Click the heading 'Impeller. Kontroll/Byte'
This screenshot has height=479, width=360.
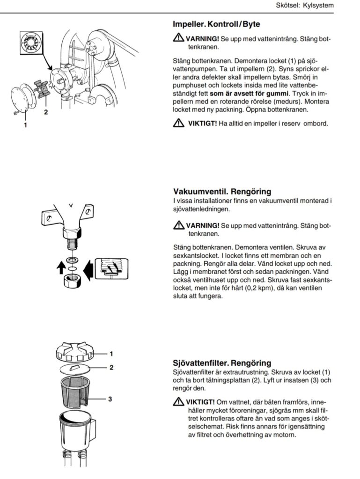pyautogui.click(x=216, y=24)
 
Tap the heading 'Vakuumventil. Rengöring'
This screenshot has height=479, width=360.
pyautogui.click(x=222, y=192)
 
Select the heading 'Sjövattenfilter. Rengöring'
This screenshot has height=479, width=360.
pyautogui.click(x=222, y=363)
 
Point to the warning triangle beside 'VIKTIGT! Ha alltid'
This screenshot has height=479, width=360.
pyautogui.click(x=178, y=123)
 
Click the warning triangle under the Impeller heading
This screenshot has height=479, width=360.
pyautogui.click(x=178, y=38)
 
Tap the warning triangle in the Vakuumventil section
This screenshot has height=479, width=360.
pyautogui.click(x=178, y=225)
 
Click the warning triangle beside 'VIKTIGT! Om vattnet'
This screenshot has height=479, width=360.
pyautogui.click(x=178, y=402)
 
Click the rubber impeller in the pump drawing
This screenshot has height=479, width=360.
pyautogui.click(x=43, y=88)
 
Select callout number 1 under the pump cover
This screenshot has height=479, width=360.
pyautogui.click(x=25, y=125)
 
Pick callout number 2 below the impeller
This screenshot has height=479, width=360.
pyautogui.click(x=46, y=112)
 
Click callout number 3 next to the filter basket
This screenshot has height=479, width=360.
pyautogui.click(x=110, y=399)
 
